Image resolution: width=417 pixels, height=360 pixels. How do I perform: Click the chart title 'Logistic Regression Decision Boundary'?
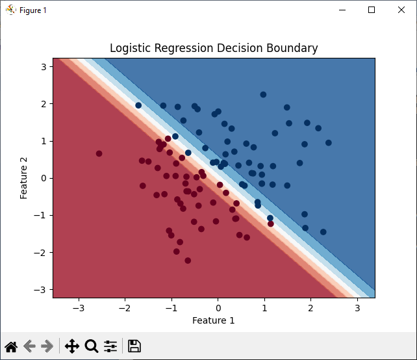pyautogui.click(x=214, y=48)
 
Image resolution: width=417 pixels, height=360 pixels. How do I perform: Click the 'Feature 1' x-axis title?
pyautogui.click(x=214, y=320)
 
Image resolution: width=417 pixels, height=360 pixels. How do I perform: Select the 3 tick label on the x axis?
pyautogui.click(x=357, y=307)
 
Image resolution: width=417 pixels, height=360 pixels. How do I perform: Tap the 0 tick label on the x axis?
pyautogui.click(x=218, y=307)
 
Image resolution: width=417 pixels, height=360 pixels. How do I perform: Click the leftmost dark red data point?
pyautogui.click(x=99, y=154)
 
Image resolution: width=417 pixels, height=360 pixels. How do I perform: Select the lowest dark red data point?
pyautogui.click(x=188, y=261)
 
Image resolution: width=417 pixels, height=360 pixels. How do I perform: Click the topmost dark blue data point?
pyautogui.click(x=263, y=95)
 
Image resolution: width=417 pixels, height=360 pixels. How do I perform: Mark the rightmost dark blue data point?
pyautogui.click(x=328, y=143)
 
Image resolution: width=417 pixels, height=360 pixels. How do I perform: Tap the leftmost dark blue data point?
pyautogui.click(x=138, y=105)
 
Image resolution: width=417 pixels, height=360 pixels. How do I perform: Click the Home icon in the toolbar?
pyautogui.click(x=11, y=346)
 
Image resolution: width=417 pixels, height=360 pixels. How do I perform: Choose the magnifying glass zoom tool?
pyautogui.click(x=92, y=346)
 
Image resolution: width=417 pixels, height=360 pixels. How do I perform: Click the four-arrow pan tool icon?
pyautogui.click(x=71, y=346)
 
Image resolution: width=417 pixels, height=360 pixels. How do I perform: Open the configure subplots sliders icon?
pyautogui.click(x=110, y=346)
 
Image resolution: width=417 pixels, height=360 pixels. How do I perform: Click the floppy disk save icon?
pyautogui.click(x=134, y=346)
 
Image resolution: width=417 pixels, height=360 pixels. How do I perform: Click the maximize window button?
pyautogui.click(x=372, y=10)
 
